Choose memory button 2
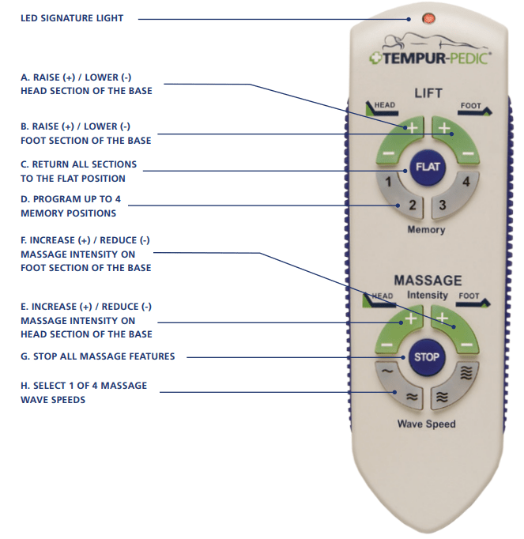point(410,206)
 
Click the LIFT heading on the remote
point(428,94)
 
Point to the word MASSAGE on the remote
point(428,281)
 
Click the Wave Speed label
point(427,424)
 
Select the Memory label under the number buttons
point(427,230)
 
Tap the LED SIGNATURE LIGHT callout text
point(72,18)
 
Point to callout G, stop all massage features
point(98,356)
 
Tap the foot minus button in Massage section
point(467,345)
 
